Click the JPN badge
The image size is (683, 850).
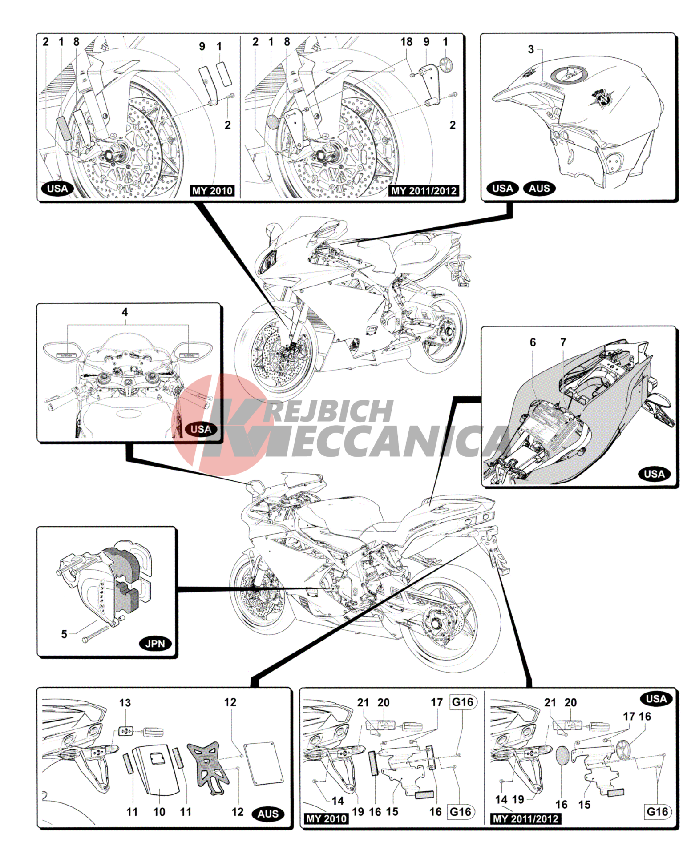point(155,643)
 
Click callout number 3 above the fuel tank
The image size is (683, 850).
point(531,49)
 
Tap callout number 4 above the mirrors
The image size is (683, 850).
point(125,312)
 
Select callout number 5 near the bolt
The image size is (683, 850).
point(64,634)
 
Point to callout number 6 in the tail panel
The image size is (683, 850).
point(533,342)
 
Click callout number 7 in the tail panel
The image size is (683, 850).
point(563,342)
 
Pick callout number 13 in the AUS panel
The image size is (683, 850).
point(125,703)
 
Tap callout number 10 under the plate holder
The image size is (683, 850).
point(159,812)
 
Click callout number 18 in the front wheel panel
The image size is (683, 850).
point(406,42)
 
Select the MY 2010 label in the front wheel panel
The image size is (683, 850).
point(212,191)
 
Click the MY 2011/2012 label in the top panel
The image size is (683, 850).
point(424,191)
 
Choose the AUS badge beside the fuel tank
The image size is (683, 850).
point(539,188)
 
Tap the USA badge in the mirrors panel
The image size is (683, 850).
point(201,429)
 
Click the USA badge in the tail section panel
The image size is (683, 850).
point(654,474)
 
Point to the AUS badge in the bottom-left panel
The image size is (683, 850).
point(268,814)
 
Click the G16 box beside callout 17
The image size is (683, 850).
point(463,702)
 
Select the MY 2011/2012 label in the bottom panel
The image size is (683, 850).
point(525,819)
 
